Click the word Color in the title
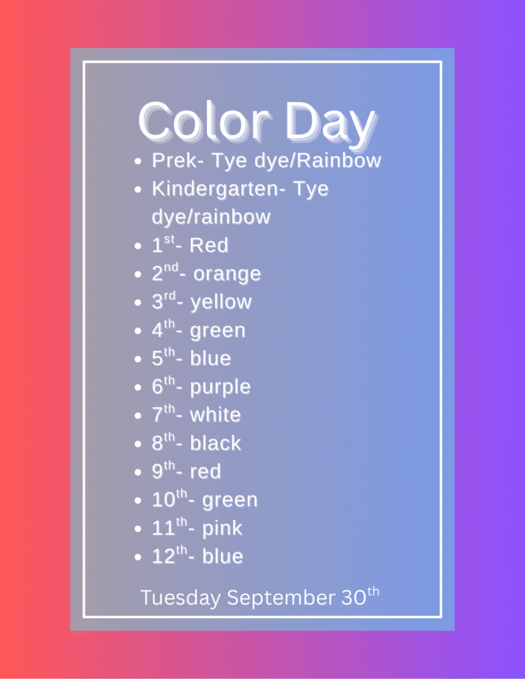(204, 121)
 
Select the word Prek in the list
(175, 160)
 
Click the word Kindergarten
(216, 189)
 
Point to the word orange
(227, 275)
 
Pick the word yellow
(221, 302)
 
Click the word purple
(220, 387)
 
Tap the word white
(215, 415)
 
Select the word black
(216, 443)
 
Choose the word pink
(222, 528)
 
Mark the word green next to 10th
(230, 501)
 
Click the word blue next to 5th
(210, 359)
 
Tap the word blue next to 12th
(222, 556)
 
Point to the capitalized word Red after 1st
(209, 245)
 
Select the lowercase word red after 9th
(206, 471)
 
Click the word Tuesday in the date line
(181, 599)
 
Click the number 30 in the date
(354, 598)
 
